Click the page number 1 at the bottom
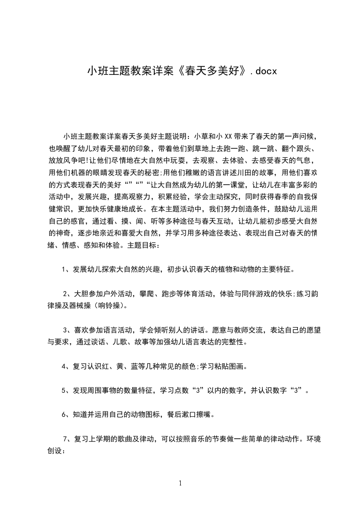tap(181, 483)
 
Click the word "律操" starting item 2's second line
tap(56, 306)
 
